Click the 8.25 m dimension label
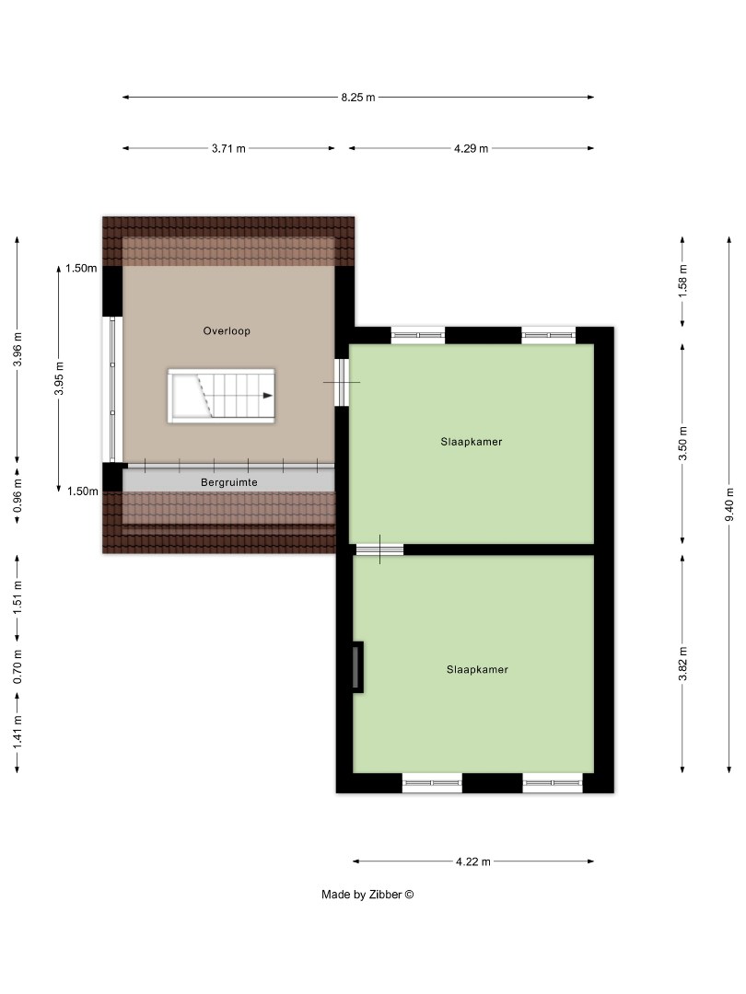pos(358,97)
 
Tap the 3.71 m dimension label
pos(228,148)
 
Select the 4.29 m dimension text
pos(471,148)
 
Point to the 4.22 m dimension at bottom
pos(473,861)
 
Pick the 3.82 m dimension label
pos(682,664)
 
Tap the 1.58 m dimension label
pos(682,280)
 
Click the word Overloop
pos(227,330)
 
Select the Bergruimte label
pos(227,481)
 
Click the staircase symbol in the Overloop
pos(221,396)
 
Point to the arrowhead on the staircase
pos(267,396)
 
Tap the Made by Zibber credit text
pos(367,894)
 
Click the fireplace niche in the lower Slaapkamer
pos(357,666)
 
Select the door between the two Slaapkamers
pos(379,549)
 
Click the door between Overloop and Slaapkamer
pos(342,382)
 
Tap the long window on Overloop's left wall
pos(111,389)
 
